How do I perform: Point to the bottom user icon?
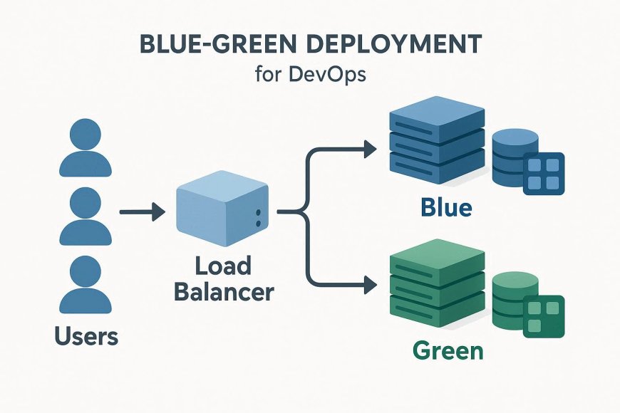coord(86,285)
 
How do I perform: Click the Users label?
coord(86,335)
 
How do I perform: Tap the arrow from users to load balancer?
coord(142,211)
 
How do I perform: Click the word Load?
coord(223,266)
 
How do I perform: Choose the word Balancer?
coord(224,291)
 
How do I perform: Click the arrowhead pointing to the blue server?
coord(368,149)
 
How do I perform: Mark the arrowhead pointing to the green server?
coord(368,286)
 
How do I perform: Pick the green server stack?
coord(435,285)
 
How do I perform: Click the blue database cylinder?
coord(514,157)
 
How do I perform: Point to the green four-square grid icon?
coord(544,315)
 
